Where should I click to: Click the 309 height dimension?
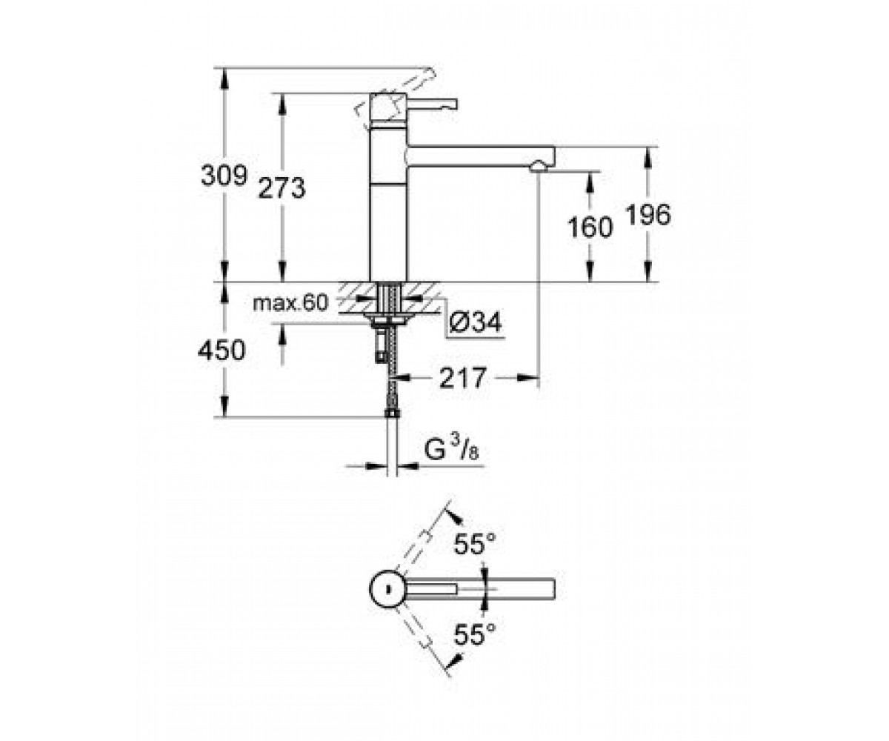click(224, 175)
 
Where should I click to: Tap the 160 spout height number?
click(590, 227)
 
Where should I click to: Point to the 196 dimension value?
click(649, 215)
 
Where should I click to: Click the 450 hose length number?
click(222, 350)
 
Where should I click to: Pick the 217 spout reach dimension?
click(462, 377)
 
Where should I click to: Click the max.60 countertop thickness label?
click(291, 303)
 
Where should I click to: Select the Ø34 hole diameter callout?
click(476, 322)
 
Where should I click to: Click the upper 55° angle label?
click(475, 544)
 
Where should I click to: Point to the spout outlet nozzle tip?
click(539, 167)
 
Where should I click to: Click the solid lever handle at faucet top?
click(432, 104)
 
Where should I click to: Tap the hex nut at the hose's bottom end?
click(393, 413)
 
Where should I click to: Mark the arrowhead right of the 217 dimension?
click(528, 377)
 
